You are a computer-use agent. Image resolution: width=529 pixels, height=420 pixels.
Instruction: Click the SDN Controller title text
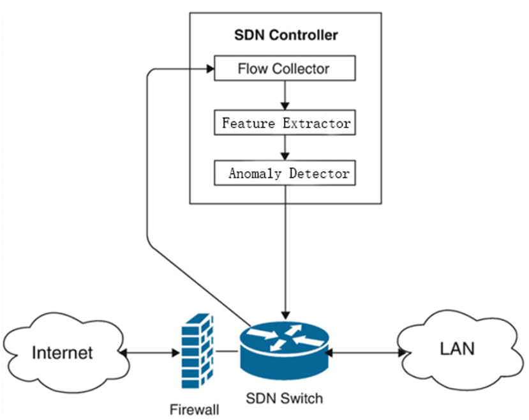coord(286,35)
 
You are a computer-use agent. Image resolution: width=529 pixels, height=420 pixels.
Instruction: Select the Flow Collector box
coord(284,68)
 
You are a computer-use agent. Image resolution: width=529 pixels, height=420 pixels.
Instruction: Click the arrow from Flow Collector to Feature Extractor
coord(285,94)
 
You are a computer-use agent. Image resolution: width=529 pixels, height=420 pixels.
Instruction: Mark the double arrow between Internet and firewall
coord(147,352)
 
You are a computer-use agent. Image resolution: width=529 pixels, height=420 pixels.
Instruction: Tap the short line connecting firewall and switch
coord(227,352)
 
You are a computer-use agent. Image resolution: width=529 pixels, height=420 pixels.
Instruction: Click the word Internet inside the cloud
coord(62,352)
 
